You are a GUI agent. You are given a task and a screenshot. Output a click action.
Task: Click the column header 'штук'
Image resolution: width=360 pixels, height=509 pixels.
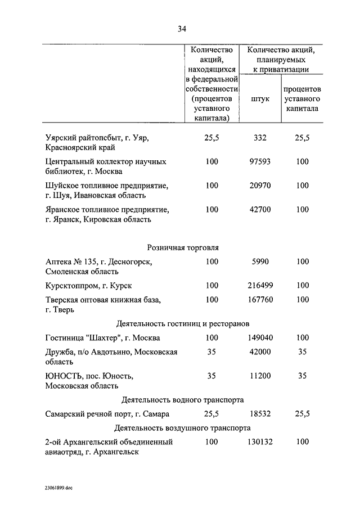click(x=260, y=98)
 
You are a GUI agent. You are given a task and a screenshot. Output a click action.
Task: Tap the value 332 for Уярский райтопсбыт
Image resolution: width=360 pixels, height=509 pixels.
click(x=260, y=137)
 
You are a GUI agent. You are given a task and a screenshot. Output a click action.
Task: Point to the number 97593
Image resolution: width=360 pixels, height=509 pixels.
click(x=260, y=161)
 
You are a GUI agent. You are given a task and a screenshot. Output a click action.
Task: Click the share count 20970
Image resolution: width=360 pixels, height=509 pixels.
click(x=260, y=185)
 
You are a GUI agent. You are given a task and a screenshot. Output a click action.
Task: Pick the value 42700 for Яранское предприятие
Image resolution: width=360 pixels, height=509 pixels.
click(x=260, y=209)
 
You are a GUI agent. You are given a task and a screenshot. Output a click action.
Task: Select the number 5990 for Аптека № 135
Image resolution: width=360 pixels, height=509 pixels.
click(x=260, y=262)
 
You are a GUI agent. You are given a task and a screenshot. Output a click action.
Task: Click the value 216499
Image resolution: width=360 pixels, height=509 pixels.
click(x=260, y=286)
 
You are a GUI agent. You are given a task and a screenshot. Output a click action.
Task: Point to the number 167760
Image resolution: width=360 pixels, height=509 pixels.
click(x=260, y=300)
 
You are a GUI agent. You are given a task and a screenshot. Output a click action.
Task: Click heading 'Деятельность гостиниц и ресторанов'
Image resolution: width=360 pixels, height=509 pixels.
click(x=183, y=324)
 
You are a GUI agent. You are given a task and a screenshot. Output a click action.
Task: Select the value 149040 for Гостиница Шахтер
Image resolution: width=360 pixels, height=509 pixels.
click(x=260, y=338)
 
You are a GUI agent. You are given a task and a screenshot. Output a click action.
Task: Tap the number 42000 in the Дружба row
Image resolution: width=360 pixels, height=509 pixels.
click(x=260, y=352)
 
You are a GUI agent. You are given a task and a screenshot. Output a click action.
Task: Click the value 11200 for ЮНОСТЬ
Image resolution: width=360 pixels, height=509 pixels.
click(x=260, y=376)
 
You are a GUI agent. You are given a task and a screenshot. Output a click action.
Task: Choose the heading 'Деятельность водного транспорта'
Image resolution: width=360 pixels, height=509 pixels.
click(x=183, y=400)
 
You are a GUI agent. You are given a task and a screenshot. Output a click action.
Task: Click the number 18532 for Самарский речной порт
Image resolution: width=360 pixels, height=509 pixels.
click(x=260, y=414)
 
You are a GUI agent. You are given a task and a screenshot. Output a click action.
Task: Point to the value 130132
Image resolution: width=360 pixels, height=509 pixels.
click(x=260, y=442)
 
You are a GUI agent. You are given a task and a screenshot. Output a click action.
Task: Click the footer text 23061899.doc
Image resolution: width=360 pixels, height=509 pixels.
click(x=56, y=488)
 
